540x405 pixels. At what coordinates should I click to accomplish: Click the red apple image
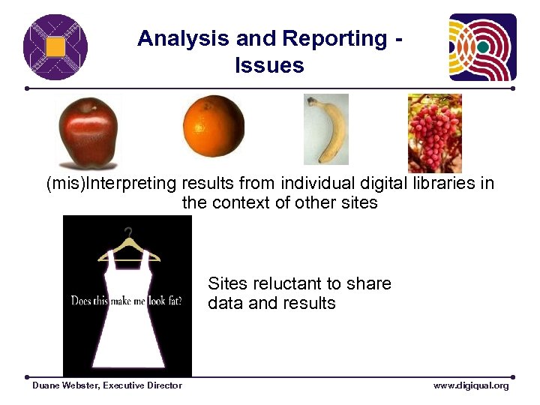coord(88,133)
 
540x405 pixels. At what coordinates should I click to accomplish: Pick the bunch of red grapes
coord(434,133)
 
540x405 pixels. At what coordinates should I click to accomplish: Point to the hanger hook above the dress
coord(128,233)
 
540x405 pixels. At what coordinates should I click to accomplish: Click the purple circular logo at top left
coord(55,47)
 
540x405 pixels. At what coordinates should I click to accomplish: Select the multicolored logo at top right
coord(482,47)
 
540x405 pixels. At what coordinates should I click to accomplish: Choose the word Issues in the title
coord(269,66)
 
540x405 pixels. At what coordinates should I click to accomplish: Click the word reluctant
coord(292,283)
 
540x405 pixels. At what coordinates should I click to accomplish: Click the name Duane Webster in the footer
coord(65,385)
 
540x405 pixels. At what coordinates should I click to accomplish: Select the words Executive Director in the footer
coord(142,385)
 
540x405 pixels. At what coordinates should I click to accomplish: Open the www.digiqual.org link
coord(470,385)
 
